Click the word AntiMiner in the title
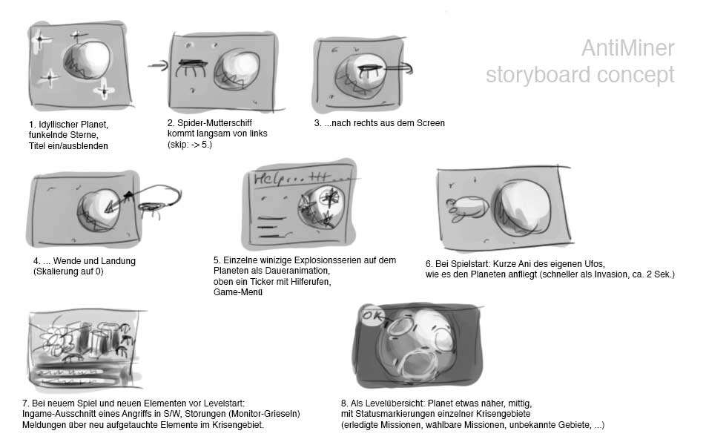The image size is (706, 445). [627, 48]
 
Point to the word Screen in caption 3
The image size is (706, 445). [429, 122]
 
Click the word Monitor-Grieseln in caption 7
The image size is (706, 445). [263, 414]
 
